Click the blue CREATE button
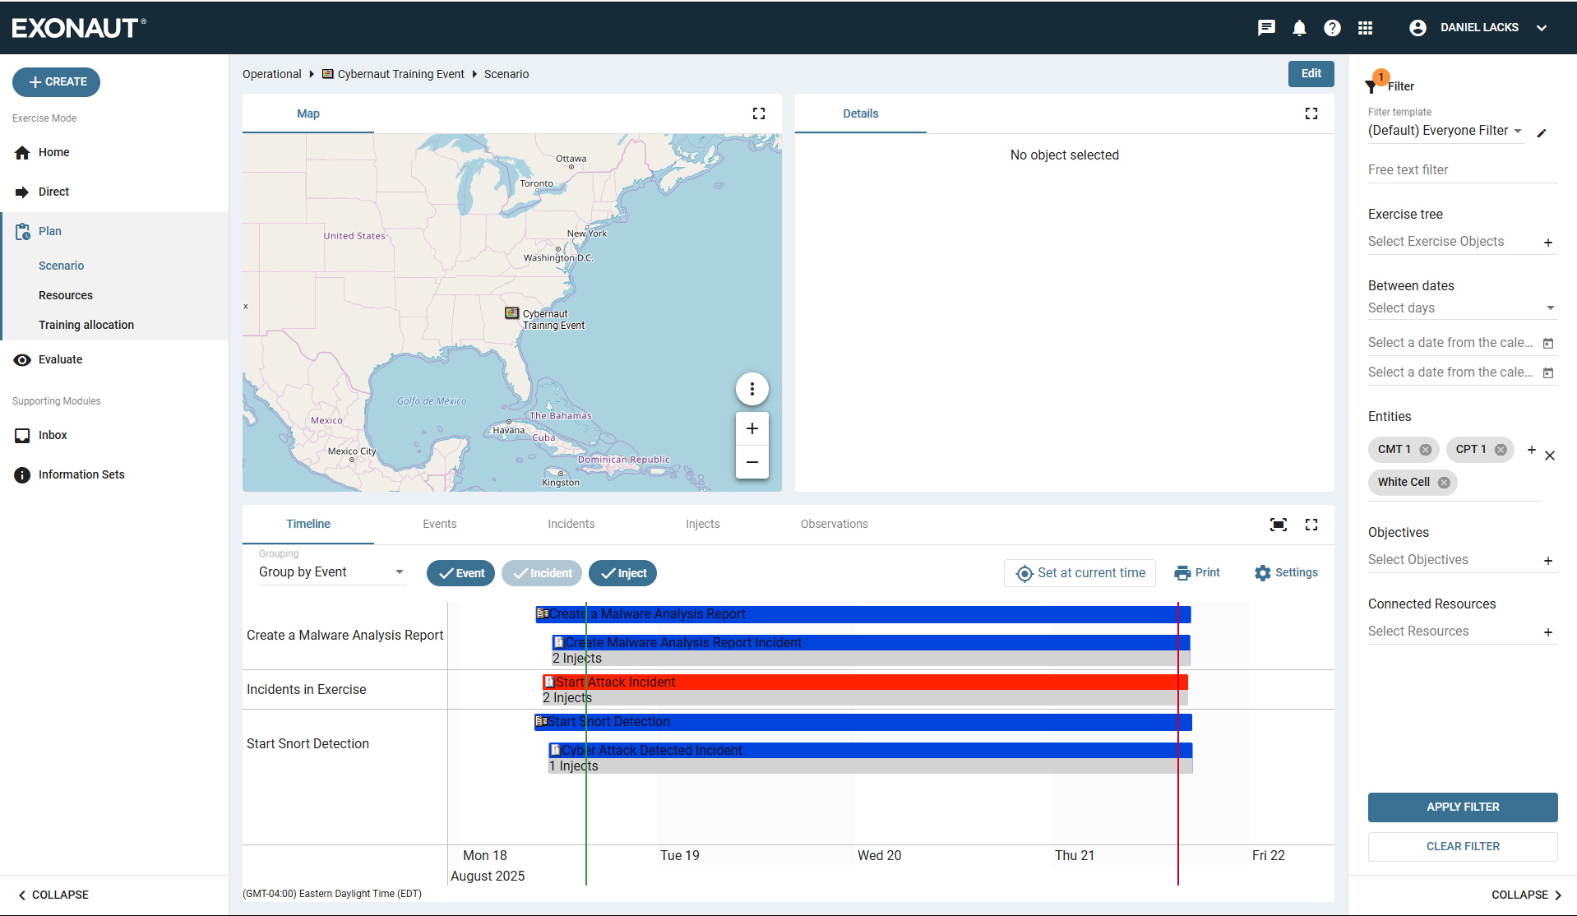pos(56,82)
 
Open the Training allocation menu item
pos(86,325)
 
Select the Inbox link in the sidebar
pos(53,435)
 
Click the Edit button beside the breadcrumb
pos(1311,74)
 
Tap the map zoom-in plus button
pos(752,428)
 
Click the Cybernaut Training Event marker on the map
pos(512,313)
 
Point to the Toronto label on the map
pos(536,183)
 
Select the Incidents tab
pos(571,524)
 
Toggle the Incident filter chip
pos(542,573)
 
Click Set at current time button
pos(1080,573)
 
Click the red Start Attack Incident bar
pos(863,682)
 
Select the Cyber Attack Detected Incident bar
pos(872,751)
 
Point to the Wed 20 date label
pos(879,855)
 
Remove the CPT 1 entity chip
pos(1501,450)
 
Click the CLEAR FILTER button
pos(1462,846)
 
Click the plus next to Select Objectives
pos(1547,561)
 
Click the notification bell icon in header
pos(1299,28)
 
